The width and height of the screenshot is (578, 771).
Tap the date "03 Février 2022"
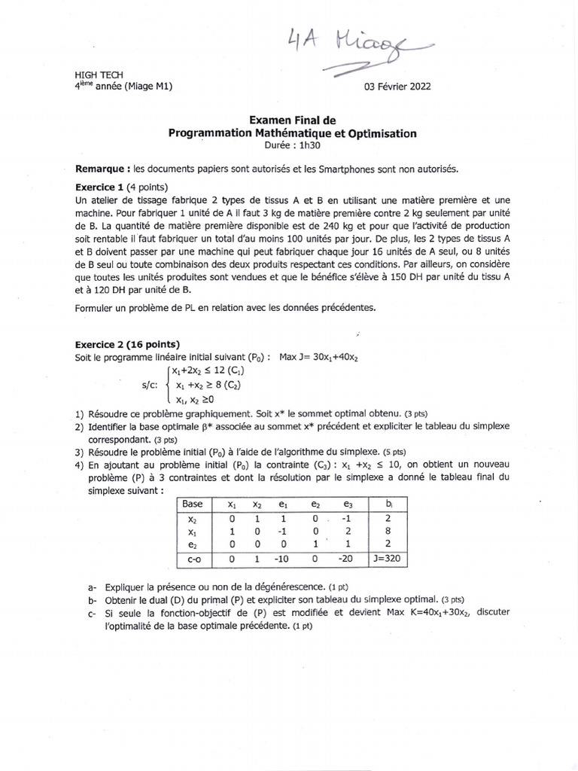[397, 86]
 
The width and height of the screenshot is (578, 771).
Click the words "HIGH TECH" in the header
[94, 76]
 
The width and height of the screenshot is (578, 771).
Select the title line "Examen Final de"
[293, 120]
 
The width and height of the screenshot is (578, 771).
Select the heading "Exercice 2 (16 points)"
[128, 343]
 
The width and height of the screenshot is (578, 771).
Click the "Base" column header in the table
[193, 504]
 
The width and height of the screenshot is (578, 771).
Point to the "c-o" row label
[193, 559]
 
